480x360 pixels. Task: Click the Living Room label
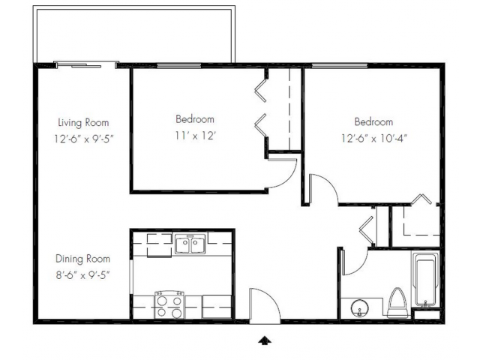83,122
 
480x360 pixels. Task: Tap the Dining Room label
82,259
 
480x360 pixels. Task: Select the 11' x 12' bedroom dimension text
195,136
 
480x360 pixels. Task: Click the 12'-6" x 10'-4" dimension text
374,138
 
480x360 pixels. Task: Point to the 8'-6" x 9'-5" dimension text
82,275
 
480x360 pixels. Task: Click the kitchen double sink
190,244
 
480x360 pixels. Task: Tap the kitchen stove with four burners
169,304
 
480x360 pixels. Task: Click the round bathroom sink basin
360,308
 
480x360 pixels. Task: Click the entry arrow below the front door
265,340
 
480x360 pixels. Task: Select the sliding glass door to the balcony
86,65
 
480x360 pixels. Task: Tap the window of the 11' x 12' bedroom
179,65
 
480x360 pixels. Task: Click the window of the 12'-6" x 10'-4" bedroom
340,65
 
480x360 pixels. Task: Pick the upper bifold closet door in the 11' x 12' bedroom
261,91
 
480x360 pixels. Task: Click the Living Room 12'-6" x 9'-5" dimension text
83,139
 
